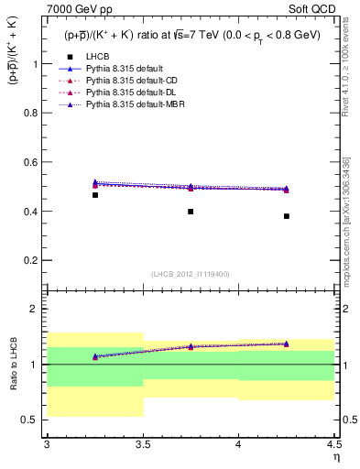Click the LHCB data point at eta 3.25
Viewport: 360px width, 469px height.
(95, 195)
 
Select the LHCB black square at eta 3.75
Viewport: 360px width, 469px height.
(191, 212)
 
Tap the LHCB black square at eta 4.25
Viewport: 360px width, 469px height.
(286, 216)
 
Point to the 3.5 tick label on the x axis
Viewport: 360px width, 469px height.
(142, 444)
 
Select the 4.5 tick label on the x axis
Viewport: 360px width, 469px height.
(333, 444)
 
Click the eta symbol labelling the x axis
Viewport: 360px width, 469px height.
(336, 458)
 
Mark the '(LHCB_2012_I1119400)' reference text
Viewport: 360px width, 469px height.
(191, 273)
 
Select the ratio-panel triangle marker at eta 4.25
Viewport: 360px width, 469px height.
(286, 344)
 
